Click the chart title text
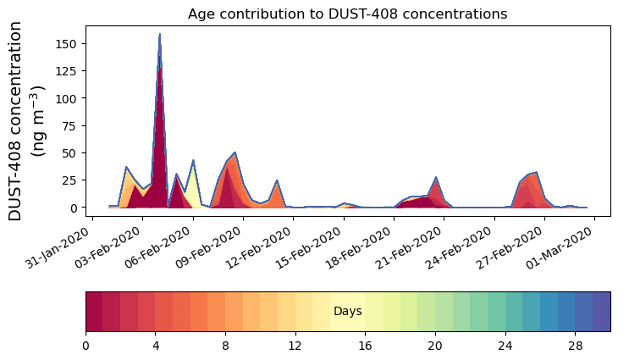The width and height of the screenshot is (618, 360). point(347,14)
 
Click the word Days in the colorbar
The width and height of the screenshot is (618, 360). point(347,312)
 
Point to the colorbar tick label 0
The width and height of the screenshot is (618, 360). point(86,346)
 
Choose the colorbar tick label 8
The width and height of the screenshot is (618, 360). point(225,346)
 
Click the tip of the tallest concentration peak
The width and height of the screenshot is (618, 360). point(159,35)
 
